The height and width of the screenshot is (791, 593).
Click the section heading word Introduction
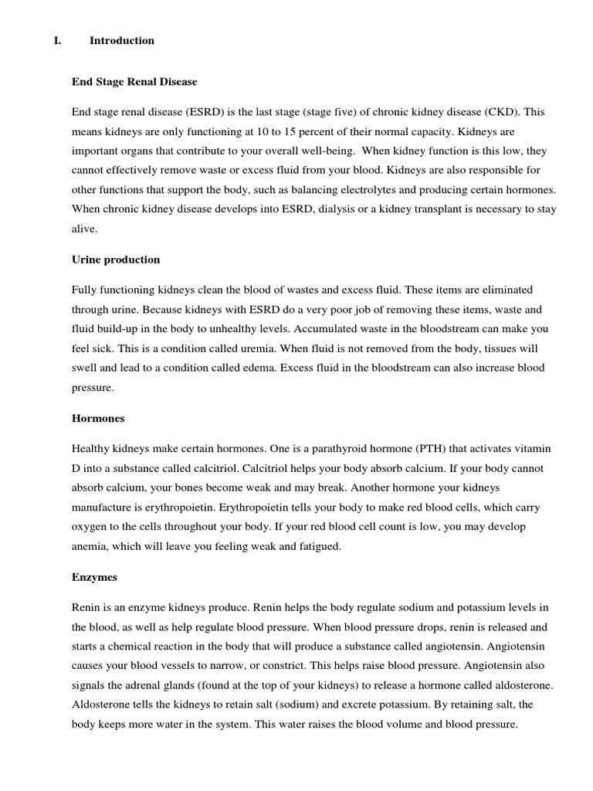click(122, 40)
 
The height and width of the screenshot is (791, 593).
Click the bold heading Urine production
click(116, 260)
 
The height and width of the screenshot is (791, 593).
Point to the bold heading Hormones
click(98, 418)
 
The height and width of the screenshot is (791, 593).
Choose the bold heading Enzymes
click(94, 576)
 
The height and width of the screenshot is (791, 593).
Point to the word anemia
click(91, 547)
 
